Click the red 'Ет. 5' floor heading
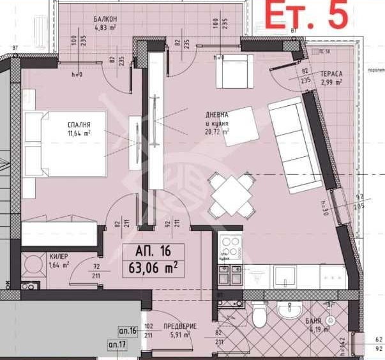306,15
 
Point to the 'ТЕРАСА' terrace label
331,73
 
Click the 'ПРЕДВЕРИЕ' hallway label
180,326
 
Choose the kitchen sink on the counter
286,275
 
